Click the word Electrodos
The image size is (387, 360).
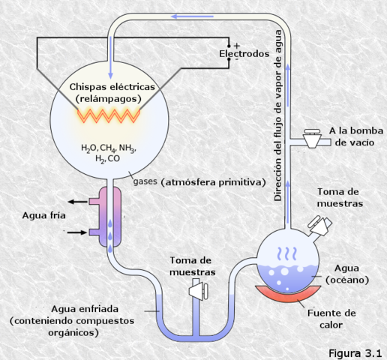(243, 55)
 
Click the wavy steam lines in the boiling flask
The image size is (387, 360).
(286, 253)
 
